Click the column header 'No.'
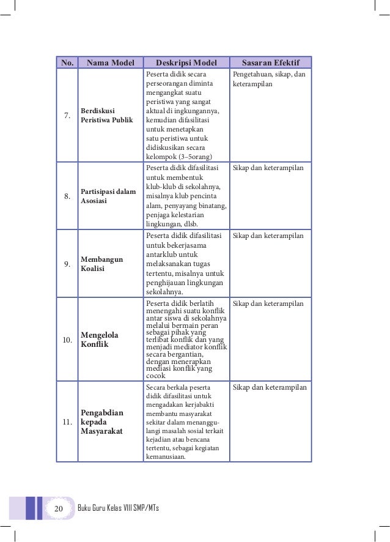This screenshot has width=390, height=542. (x=67, y=62)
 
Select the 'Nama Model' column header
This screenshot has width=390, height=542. (x=110, y=62)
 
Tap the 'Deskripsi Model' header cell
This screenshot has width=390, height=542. (x=186, y=62)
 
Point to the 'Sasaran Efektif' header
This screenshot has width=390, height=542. (x=270, y=62)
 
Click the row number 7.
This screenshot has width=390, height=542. (x=67, y=116)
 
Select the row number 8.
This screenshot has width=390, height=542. (x=67, y=196)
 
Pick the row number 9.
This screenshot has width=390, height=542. (x=67, y=264)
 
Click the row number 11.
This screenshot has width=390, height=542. (x=67, y=422)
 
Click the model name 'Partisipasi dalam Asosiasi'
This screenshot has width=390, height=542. (x=108, y=196)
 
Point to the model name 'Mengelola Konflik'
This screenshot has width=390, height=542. (x=100, y=340)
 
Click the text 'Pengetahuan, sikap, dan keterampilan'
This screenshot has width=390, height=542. (x=269, y=79)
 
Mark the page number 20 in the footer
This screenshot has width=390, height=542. (x=59, y=508)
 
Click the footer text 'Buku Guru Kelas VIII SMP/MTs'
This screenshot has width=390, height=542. (x=119, y=508)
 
